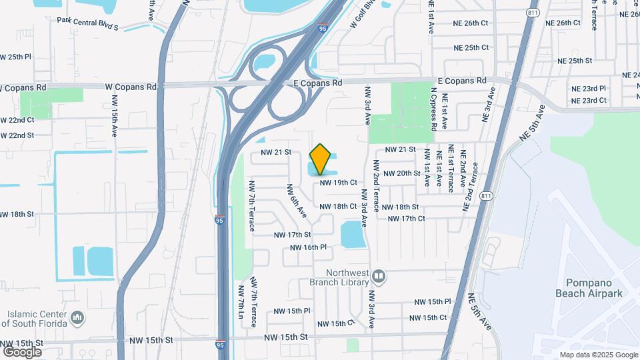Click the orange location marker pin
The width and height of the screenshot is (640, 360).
click(321, 159)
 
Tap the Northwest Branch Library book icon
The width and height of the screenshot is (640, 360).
click(379, 275)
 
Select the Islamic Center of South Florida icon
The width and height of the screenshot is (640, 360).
click(77, 317)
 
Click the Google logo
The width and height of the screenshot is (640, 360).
click(22, 351)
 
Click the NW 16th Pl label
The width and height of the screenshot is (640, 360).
click(308, 247)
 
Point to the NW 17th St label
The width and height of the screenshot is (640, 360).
click(292, 235)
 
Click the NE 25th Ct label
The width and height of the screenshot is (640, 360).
click(471, 48)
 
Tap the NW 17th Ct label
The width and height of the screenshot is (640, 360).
click(406, 219)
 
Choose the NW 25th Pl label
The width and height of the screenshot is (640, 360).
click(16, 57)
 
